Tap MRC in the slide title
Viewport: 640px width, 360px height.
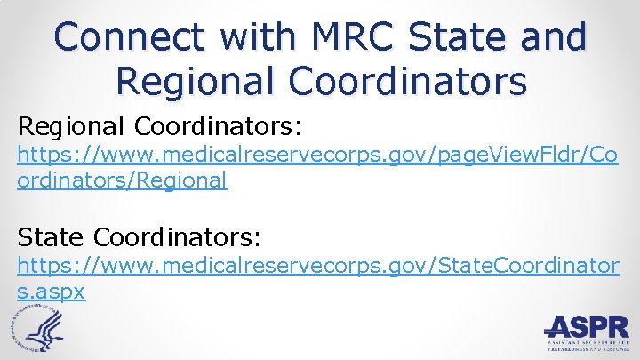[340, 37]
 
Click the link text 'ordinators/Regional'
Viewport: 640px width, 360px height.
[123, 180]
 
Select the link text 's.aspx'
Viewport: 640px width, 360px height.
[52, 291]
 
